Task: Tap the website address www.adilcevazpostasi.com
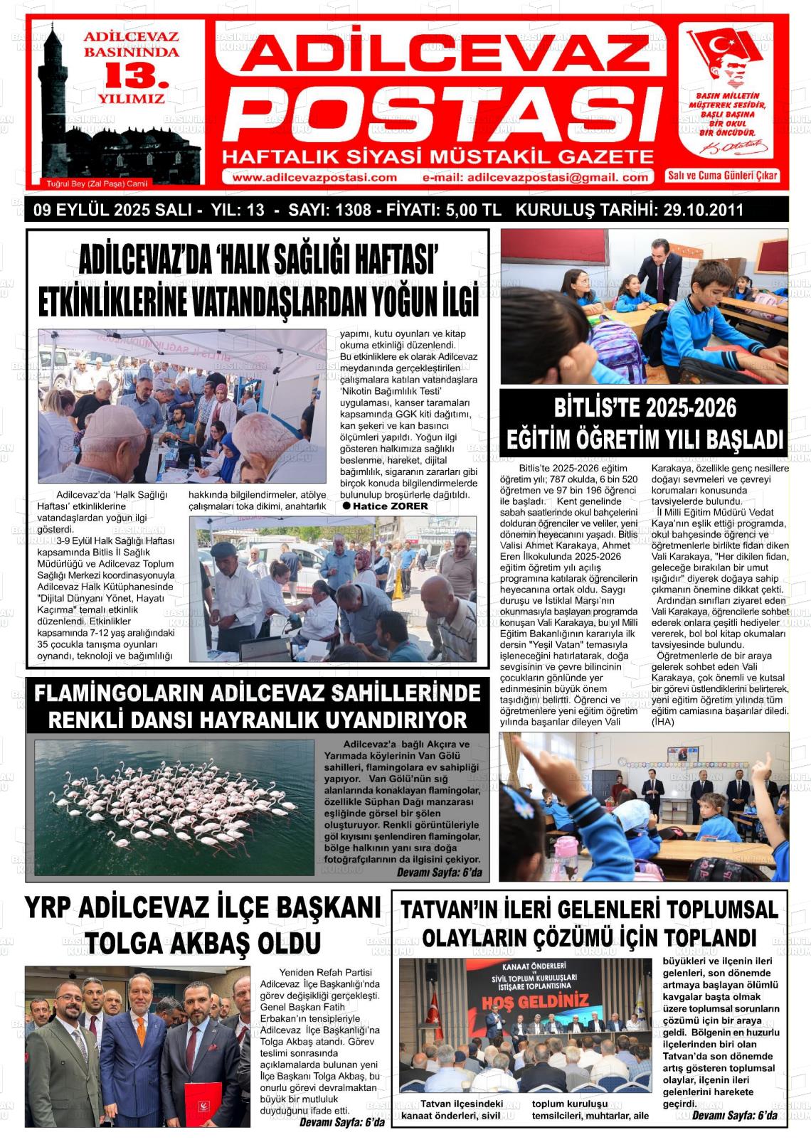(314, 178)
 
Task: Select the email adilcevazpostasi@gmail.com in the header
(535, 178)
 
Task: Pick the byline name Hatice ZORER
(391, 506)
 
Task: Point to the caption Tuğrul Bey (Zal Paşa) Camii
(97, 183)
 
